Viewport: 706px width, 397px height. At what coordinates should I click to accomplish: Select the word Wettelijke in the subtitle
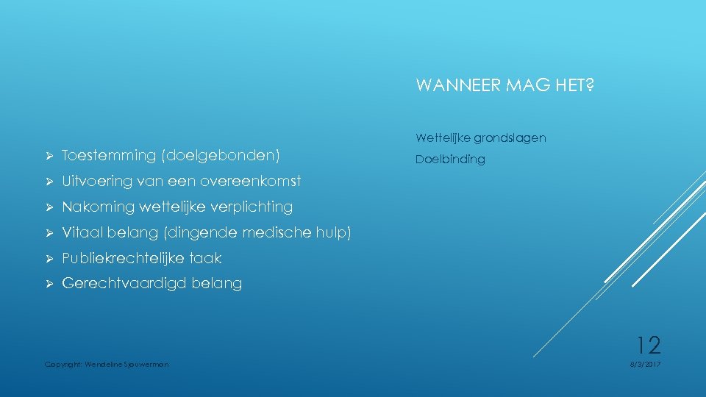coord(441,137)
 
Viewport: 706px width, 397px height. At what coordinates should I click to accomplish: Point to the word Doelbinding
coord(450,160)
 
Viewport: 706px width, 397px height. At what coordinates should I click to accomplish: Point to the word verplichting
coord(246,207)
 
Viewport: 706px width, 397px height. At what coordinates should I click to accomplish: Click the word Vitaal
coord(82,232)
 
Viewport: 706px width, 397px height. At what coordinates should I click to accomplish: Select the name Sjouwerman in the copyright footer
coord(147,364)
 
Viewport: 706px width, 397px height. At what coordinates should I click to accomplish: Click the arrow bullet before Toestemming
coord(49,156)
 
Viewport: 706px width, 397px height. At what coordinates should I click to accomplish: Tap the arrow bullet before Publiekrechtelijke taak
coord(49,258)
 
